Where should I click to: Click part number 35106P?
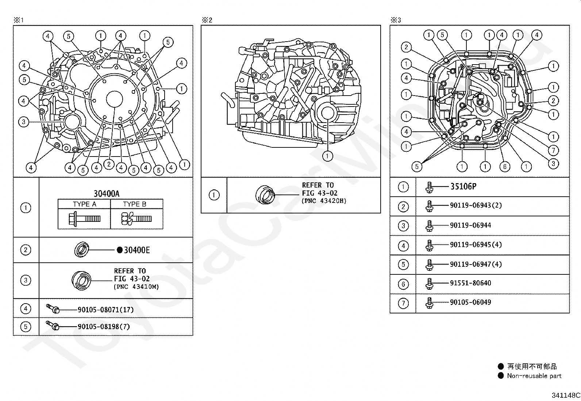click(463, 186)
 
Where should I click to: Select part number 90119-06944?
click(470, 225)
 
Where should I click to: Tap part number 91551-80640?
click(470, 283)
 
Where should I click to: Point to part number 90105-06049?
click(470, 302)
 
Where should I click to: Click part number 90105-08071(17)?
click(105, 310)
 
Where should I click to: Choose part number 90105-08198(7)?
click(104, 327)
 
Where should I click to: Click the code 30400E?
click(136, 250)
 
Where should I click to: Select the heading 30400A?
click(106, 194)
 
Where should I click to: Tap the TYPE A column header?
click(85, 204)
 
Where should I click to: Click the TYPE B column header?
click(135, 204)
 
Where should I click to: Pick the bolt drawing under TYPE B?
click(136, 219)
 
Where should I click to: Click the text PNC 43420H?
click(324, 201)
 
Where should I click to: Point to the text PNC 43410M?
click(136, 287)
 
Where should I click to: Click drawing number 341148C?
click(565, 395)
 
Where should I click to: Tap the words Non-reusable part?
click(534, 376)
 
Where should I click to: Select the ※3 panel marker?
click(396, 20)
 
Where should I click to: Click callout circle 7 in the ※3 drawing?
click(553, 150)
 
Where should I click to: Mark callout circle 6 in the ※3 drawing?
click(505, 167)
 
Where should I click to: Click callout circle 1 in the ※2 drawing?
click(327, 156)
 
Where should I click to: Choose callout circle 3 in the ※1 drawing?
click(24, 122)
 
